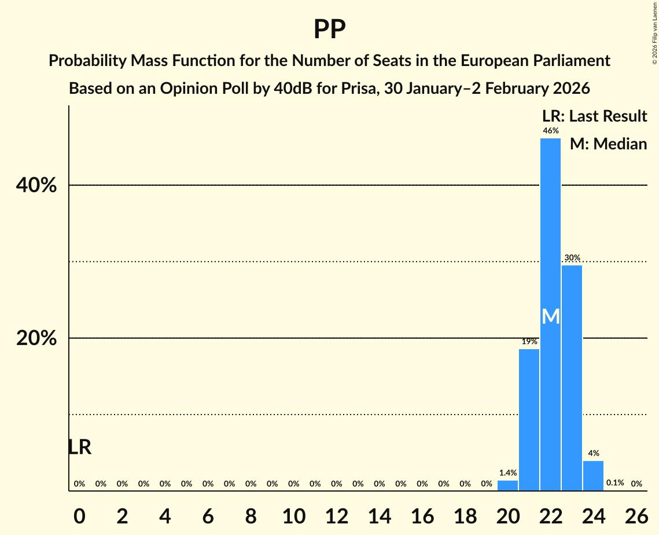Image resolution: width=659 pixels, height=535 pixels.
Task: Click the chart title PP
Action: coord(329,29)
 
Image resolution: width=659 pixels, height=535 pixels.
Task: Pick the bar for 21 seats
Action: coord(529,420)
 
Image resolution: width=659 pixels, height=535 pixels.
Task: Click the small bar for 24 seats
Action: coord(593,475)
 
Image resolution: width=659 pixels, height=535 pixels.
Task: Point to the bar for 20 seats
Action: coord(507,485)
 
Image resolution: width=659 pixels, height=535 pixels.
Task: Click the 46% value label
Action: coord(550,131)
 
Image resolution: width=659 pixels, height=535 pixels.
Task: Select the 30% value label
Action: coord(572,258)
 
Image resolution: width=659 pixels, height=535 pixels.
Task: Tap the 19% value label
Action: coord(529,342)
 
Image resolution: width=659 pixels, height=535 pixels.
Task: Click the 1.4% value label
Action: coord(507,473)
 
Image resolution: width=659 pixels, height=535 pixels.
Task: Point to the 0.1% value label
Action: coord(614,483)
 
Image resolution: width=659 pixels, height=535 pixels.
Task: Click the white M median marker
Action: coord(551,317)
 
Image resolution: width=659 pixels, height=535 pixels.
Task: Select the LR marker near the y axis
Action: coord(79,447)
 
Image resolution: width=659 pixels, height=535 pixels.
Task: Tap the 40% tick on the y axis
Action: coord(36,186)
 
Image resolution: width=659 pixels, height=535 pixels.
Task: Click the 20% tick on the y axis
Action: coord(36,339)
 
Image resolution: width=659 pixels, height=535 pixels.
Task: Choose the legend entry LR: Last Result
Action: coord(594,116)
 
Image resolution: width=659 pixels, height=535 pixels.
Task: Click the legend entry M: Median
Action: coord(608,144)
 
